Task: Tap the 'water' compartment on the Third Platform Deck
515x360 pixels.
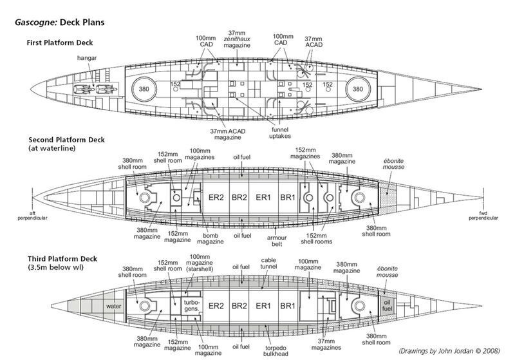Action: (115, 306)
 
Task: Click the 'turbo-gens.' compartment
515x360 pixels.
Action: (192, 305)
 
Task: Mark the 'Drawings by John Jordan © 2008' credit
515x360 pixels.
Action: (448, 352)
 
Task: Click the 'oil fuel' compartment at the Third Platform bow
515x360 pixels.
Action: (386, 305)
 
